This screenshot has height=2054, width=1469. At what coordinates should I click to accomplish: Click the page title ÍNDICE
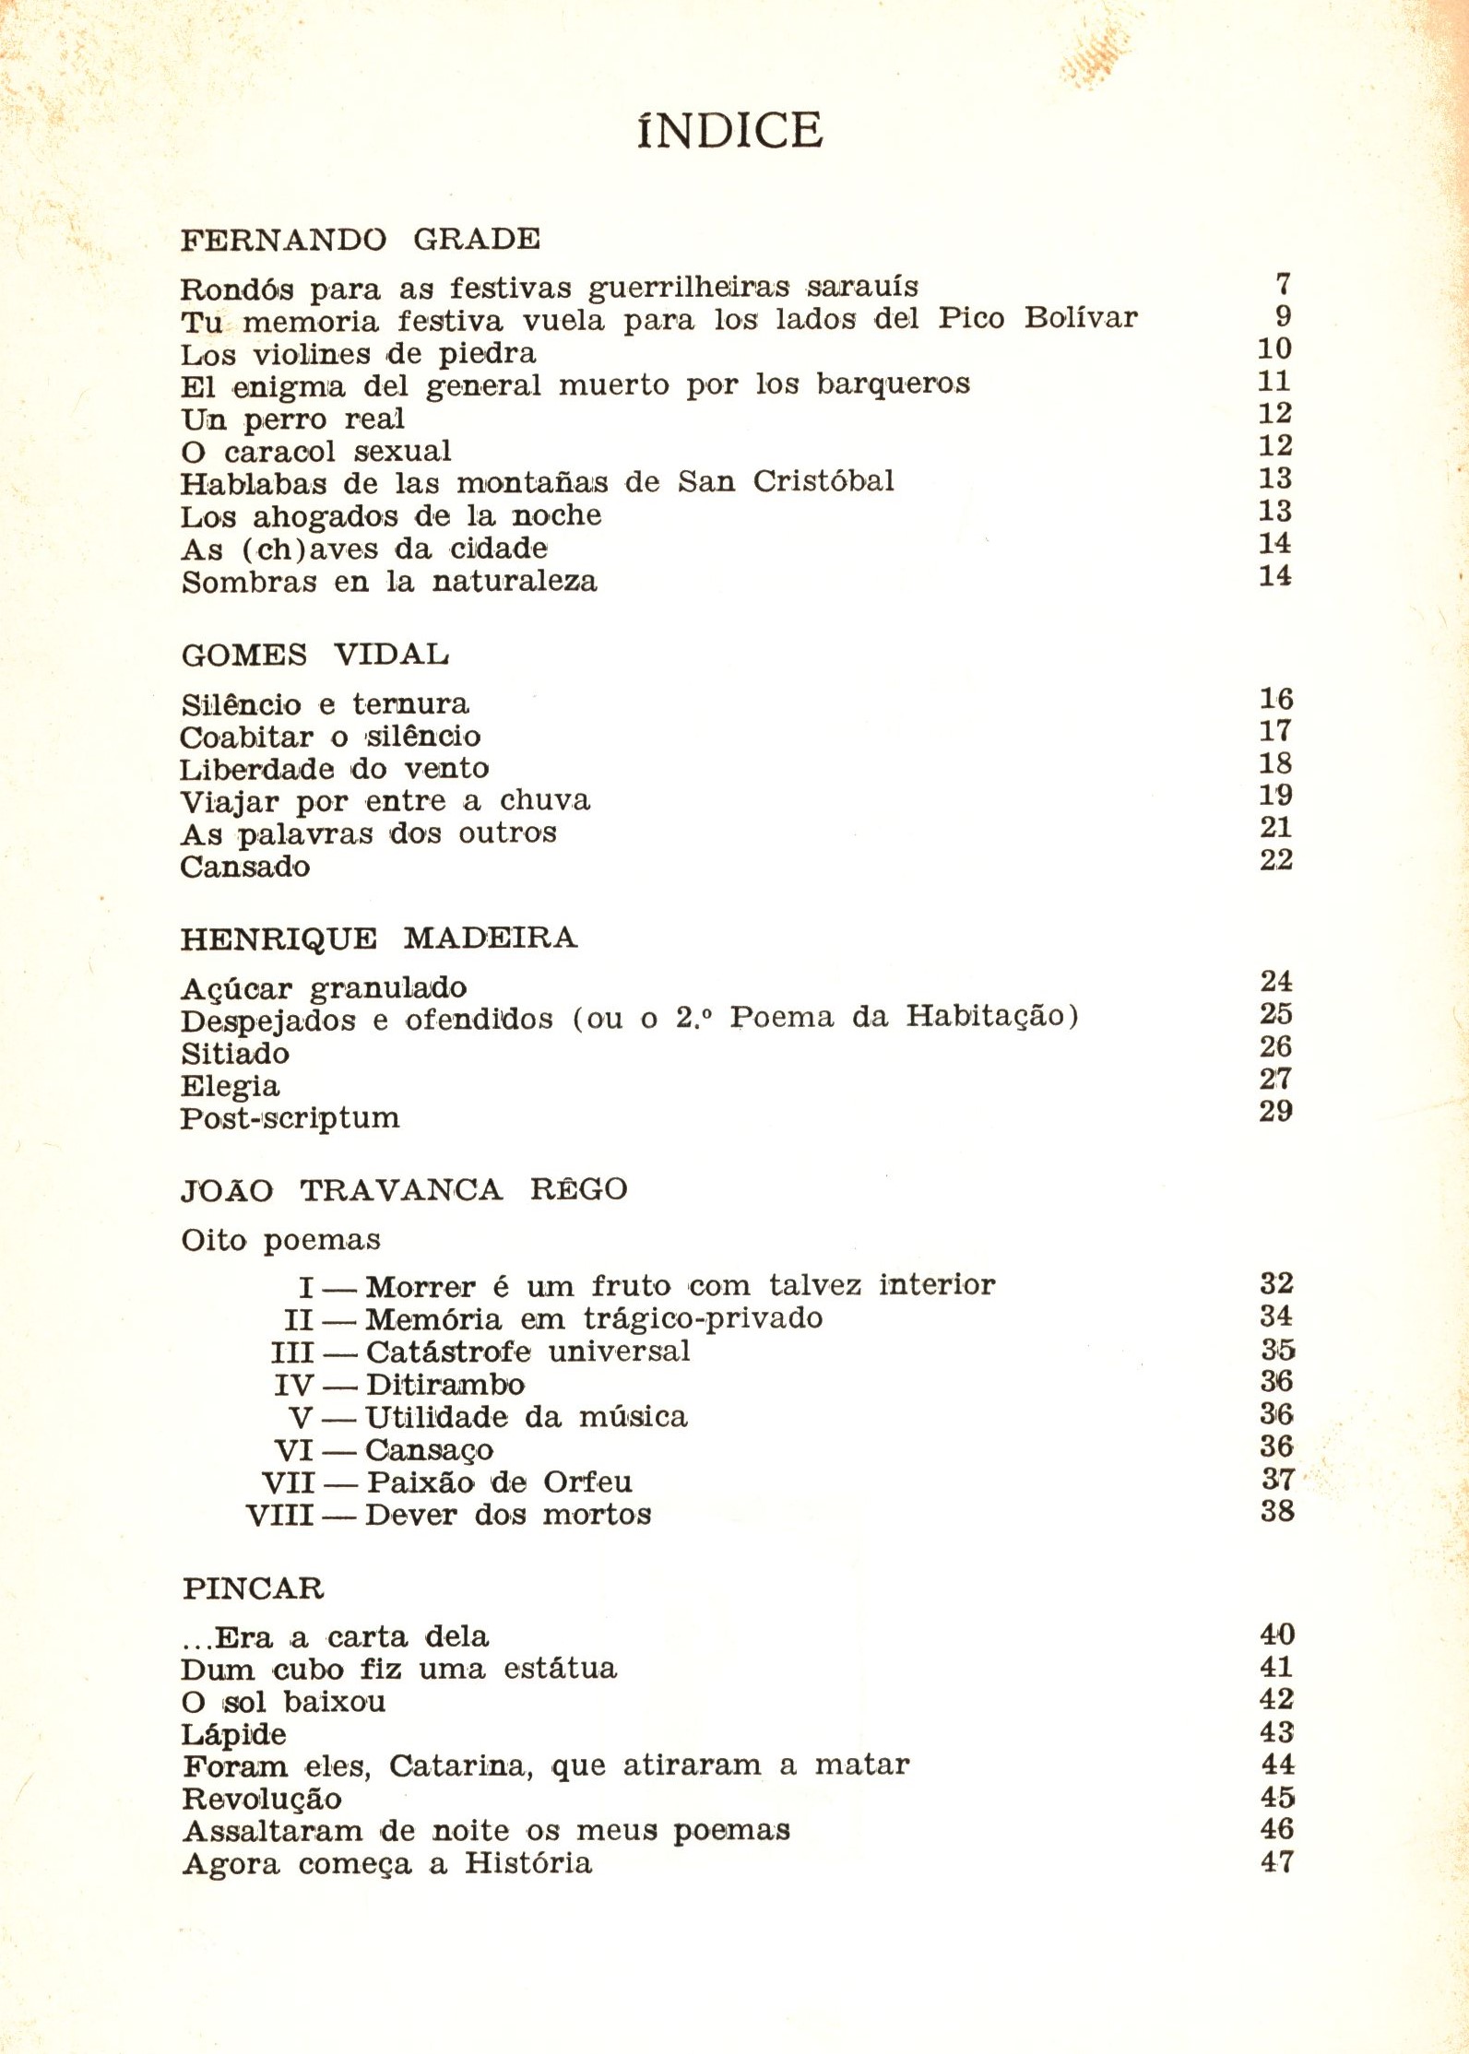click(729, 130)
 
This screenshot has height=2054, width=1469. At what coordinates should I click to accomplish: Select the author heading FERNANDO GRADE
click(361, 240)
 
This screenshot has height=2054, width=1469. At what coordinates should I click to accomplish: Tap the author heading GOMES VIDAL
click(315, 655)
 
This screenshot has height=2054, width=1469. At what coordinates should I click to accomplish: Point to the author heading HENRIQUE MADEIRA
click(378, 938)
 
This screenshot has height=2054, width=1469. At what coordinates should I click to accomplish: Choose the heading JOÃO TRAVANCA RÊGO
click(404, 1189)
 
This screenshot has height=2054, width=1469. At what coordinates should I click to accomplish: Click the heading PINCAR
click(254, 1588)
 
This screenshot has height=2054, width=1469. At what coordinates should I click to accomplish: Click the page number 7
click(1282, 285)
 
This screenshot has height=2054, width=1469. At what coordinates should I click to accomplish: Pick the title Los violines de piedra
click(358, 354)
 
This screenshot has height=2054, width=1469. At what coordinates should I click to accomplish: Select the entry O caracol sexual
click(316, 452)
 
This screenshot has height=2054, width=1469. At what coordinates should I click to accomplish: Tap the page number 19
click(1276, 795)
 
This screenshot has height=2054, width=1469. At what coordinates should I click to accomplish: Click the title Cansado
click(245, 867)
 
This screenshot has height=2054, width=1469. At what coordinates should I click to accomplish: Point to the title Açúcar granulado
click(324, 988)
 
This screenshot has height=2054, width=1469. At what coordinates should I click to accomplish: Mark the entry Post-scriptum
click(290, 1118)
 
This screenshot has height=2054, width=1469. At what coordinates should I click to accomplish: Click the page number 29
click(1276, 1111)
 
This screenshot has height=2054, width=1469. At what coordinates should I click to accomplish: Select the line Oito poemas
click(280, 1240)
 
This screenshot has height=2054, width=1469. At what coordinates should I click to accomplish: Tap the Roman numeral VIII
click(280, 1515)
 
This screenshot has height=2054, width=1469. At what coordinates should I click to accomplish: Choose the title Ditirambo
click(445, 1385)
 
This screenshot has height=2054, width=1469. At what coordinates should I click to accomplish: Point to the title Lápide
click(234, 1734)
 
